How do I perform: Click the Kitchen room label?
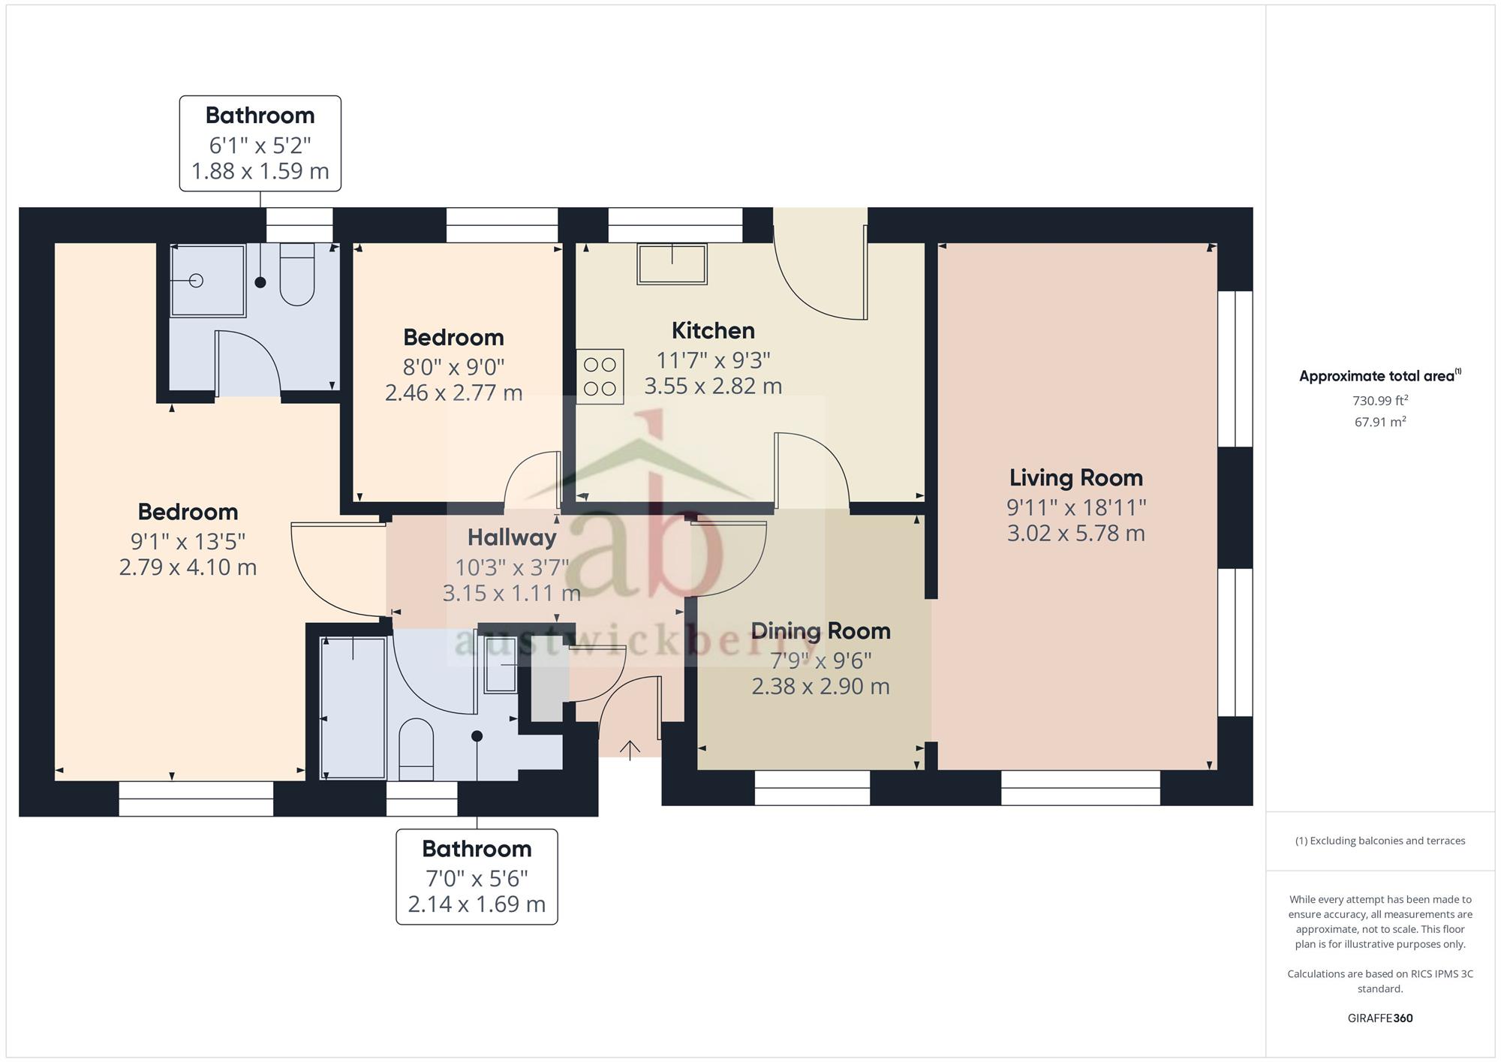[713, 330]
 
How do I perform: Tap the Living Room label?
[1075, 477]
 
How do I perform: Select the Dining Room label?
[820, 630]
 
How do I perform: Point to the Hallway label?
[512, 537]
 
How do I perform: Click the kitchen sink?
[672, 263]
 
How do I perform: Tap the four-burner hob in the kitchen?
[600, 377]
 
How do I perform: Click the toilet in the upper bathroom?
[296, 274]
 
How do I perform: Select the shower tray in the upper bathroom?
[208, 280]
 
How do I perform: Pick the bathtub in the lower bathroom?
[353, 708]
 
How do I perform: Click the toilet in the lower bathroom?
[416, 750]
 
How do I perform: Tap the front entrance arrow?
[630, 750]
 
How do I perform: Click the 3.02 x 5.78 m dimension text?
[1075, 534]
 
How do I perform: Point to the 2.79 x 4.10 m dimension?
[188, 567]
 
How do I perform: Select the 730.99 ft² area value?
[1380, 401]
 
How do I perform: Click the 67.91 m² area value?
[1380, 422]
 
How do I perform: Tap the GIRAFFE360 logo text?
[1380, 1018]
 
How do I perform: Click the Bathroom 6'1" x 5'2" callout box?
[260, 143]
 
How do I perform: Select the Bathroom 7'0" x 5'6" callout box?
[477, 877]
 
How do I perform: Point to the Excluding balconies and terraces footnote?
[1380, 841]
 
